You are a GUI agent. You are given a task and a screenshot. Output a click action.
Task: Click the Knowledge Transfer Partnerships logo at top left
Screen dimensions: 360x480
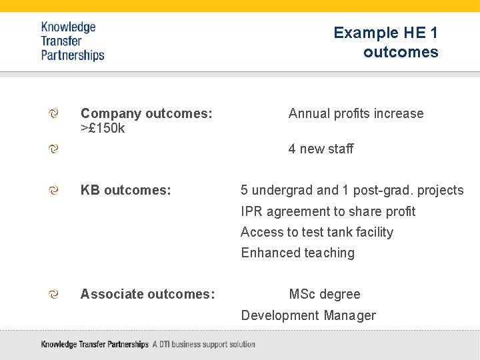(x=72, y=41)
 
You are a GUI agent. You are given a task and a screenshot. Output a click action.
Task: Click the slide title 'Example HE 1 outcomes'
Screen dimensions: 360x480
(x=386, y=42)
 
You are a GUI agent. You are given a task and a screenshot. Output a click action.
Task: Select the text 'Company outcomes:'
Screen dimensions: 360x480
(x=146, y=114)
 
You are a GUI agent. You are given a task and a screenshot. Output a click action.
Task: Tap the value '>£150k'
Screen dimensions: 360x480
(x=103, y=128)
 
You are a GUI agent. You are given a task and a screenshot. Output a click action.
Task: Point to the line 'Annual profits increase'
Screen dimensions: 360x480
(x=355, y=114)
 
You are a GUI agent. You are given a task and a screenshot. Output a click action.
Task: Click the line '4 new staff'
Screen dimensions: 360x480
(x=321, y=149)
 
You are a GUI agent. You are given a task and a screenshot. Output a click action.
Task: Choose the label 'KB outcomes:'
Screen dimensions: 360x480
(x=125, y=191)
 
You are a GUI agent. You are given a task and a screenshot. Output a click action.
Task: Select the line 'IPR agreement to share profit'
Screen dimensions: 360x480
(x=327, y=211)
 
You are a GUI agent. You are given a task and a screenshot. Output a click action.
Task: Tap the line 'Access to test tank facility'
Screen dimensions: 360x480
(x=317, y=232)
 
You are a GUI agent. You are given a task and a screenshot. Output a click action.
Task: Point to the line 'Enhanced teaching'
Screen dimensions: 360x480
(x=297, y=253)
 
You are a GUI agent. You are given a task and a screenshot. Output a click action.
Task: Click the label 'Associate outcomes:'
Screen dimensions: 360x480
(x=147, y=294)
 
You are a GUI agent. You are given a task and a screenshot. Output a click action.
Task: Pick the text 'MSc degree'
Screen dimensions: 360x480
(x=324, y=294)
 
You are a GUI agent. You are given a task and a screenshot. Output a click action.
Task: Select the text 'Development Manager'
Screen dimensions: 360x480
(x=308, y=315)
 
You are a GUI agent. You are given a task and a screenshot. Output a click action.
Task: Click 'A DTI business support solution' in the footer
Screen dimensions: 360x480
(x=203, y=345)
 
